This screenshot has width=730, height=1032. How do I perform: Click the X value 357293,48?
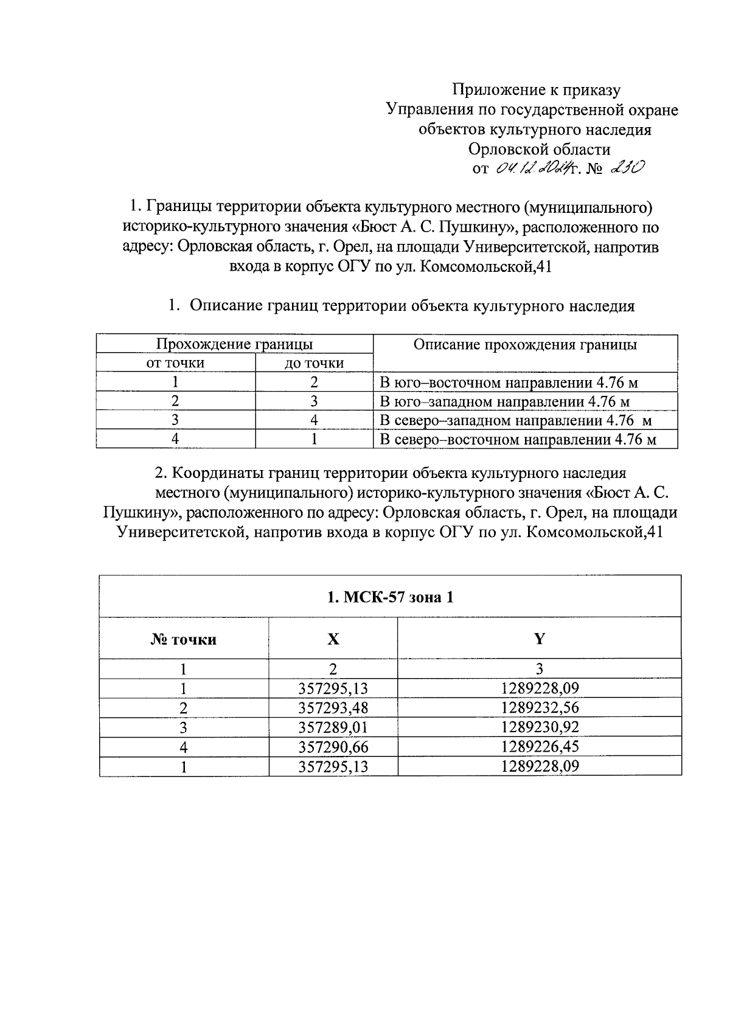point(333,708)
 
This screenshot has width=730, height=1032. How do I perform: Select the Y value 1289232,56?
point(540,708)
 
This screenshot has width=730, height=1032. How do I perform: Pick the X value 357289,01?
point(333,727)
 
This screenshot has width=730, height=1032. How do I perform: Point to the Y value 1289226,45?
point(540,747)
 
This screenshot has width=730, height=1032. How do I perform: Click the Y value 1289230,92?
point(540,727)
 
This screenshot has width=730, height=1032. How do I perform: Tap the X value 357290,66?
point(333,747)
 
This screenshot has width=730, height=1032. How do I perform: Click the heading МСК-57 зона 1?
point(390,597)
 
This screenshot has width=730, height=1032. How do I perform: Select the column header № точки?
point(184,639)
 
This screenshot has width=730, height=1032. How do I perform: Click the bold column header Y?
point(540,639)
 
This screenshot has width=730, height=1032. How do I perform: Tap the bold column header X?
point(333,639)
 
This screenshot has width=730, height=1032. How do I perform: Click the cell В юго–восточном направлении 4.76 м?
point(509,383)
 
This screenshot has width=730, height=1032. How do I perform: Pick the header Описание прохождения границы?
point(525,345)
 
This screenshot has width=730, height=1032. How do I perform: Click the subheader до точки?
point(315,363)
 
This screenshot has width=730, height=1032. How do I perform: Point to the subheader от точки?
point(175,363)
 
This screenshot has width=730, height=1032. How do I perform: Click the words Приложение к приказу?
point(535,90)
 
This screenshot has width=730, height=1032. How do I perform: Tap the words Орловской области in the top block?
point(539,149)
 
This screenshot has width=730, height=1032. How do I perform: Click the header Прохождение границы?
point(235,344)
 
